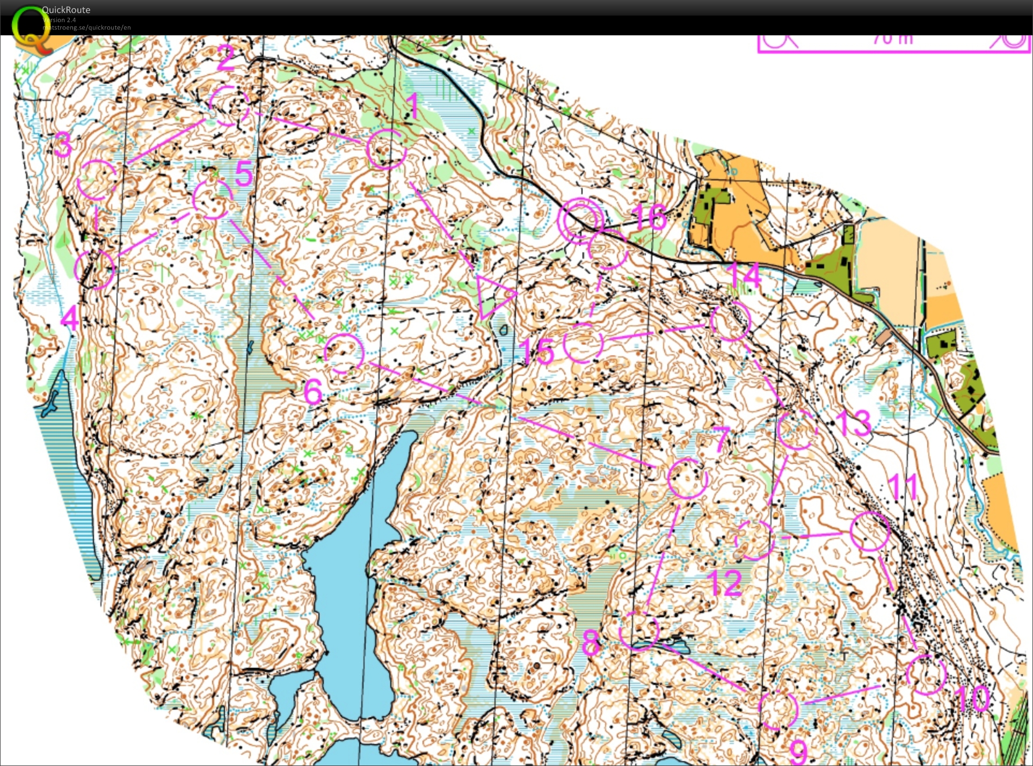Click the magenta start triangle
click(493, 296)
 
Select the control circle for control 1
click(386, 149)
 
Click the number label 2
click(226, 58)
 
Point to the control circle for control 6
click(344, 353)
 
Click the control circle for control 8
click(639, 630)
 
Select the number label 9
click(799, 751)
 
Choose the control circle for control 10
click(926, 674)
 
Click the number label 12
click(725, 583)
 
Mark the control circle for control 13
click(797, 429)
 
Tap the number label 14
click(745, 275)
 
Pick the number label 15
click(537, 352)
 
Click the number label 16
click(649, 217)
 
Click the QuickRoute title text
click(66, 10)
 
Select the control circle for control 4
click(94, 268)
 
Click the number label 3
click(63, 144)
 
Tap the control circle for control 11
click(870, 531)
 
